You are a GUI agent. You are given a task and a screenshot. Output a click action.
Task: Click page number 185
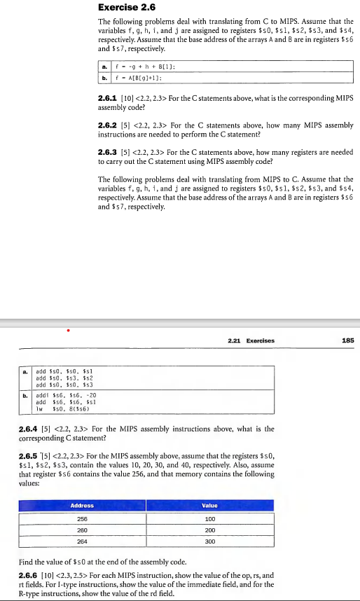(x=348, y=341)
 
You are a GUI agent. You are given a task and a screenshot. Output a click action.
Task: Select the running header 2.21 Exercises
(x=251, y=341)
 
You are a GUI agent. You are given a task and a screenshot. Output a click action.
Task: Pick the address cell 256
(x=82, y=519)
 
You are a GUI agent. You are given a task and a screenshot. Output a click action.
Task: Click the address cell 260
(x=82, y=530)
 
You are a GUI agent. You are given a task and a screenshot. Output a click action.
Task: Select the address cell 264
(x=82, y=541)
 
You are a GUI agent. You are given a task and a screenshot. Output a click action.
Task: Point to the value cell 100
(x=209, y=519)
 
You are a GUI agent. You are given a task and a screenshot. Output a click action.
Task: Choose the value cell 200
(x=209, y=530)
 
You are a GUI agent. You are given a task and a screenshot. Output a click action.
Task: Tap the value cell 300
(x=209, y=541)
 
